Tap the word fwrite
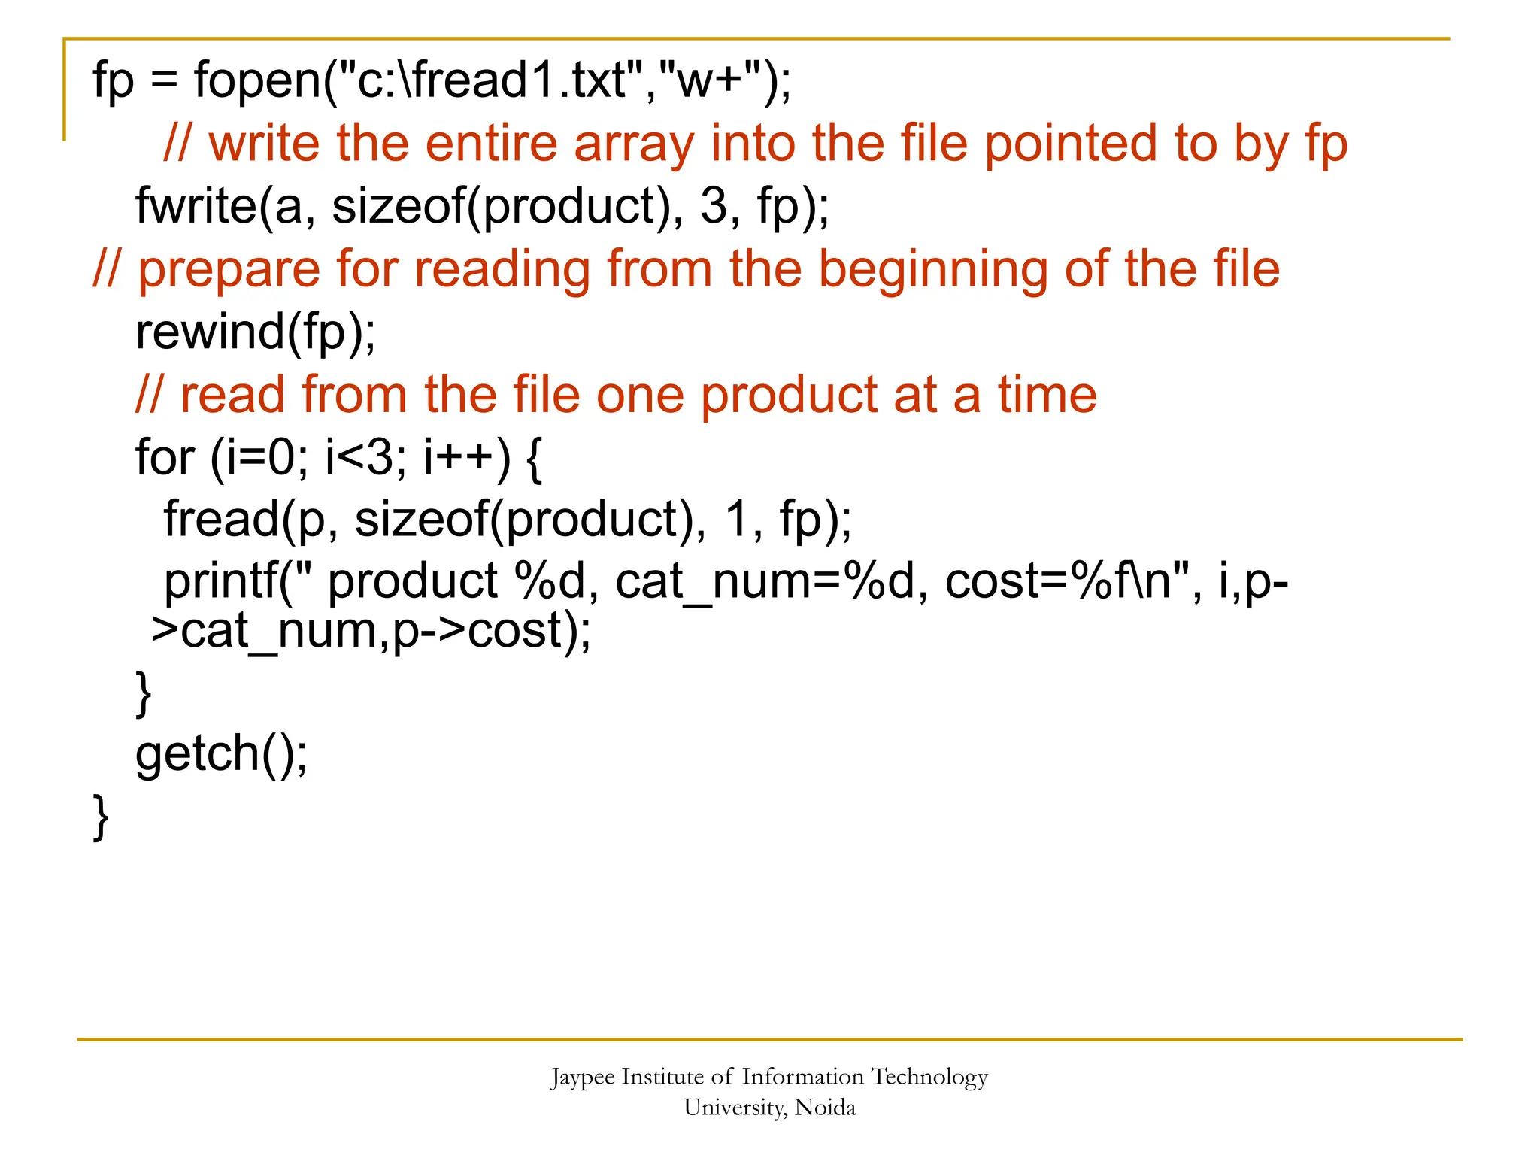196,206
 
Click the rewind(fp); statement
256,332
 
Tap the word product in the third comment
789,395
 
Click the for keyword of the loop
165,457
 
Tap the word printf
221,582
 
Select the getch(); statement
221,753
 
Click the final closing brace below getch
101,817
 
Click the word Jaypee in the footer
582,1078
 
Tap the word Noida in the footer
825,1108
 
